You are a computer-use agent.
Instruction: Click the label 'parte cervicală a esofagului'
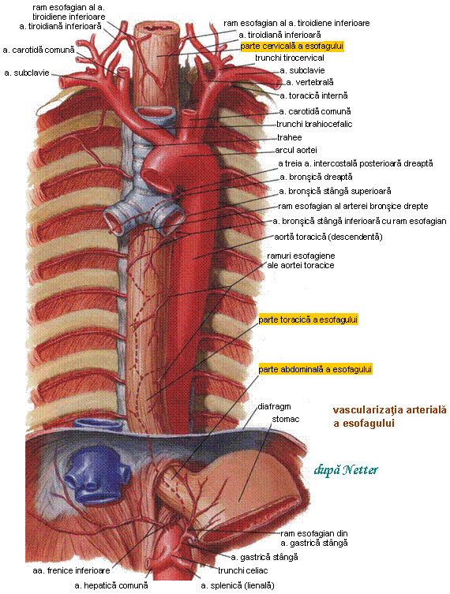click(x=292, y=47)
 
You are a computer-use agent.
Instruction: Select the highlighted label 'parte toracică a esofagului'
click(x=308, y=319)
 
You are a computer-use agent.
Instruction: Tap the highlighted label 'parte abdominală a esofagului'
click(x=315, y=369)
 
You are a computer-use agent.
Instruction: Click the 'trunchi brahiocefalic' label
click(x=314, y=124)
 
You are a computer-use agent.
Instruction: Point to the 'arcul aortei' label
click(x=296, y=150)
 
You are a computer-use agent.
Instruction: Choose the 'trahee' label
click(x=289, y=137)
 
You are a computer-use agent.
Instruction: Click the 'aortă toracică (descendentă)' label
click(x=328, y=237)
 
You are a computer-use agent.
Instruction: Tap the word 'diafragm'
click(x=274, y=406)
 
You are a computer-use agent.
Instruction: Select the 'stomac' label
click(x=286, y=419)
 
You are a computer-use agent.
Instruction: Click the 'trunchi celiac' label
click(x=242, y=570)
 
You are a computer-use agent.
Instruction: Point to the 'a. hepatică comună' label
click(x=111, y=585)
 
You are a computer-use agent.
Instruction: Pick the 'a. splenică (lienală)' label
click(x=238, y=585)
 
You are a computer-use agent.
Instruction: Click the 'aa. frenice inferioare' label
click(x=71, y=570)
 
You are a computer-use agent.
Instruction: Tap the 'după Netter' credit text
click(x=346, y=470)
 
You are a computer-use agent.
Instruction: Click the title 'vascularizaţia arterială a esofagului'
click(x=390, y=417)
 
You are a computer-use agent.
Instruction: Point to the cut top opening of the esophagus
click(x=156, y=28)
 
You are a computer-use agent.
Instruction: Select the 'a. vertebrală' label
click(x=309, y=82)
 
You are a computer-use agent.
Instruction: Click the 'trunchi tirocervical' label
click(x=289, y=58)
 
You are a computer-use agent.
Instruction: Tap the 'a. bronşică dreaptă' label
click(x=316, y=177)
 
